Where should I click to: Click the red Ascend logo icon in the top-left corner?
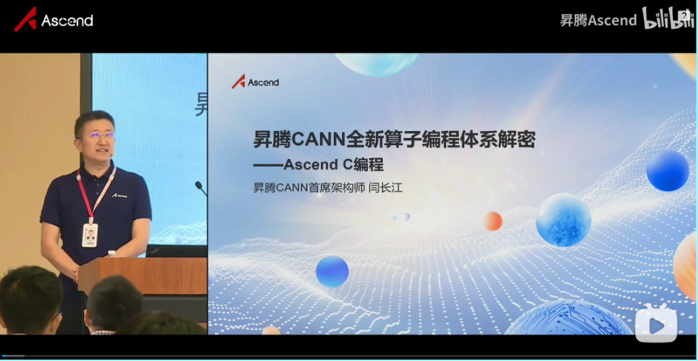click(25, 19)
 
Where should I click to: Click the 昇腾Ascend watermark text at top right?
click(598, 20)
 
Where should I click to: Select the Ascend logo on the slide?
click(255, 82)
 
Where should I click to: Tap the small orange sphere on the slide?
click(493, 221)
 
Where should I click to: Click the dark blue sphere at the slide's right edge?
click(667, 171)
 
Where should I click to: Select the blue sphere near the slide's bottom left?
click(332, 271)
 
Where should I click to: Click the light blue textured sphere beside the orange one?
click(563, 220)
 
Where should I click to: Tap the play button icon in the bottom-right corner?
click(656, 325)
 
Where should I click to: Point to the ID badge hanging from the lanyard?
click(90, 234)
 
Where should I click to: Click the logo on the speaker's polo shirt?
click(120, 195)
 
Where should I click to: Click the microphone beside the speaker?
click(201, 188)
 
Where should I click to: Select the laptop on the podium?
click(176, 251)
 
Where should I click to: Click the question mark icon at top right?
click(686, 14)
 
